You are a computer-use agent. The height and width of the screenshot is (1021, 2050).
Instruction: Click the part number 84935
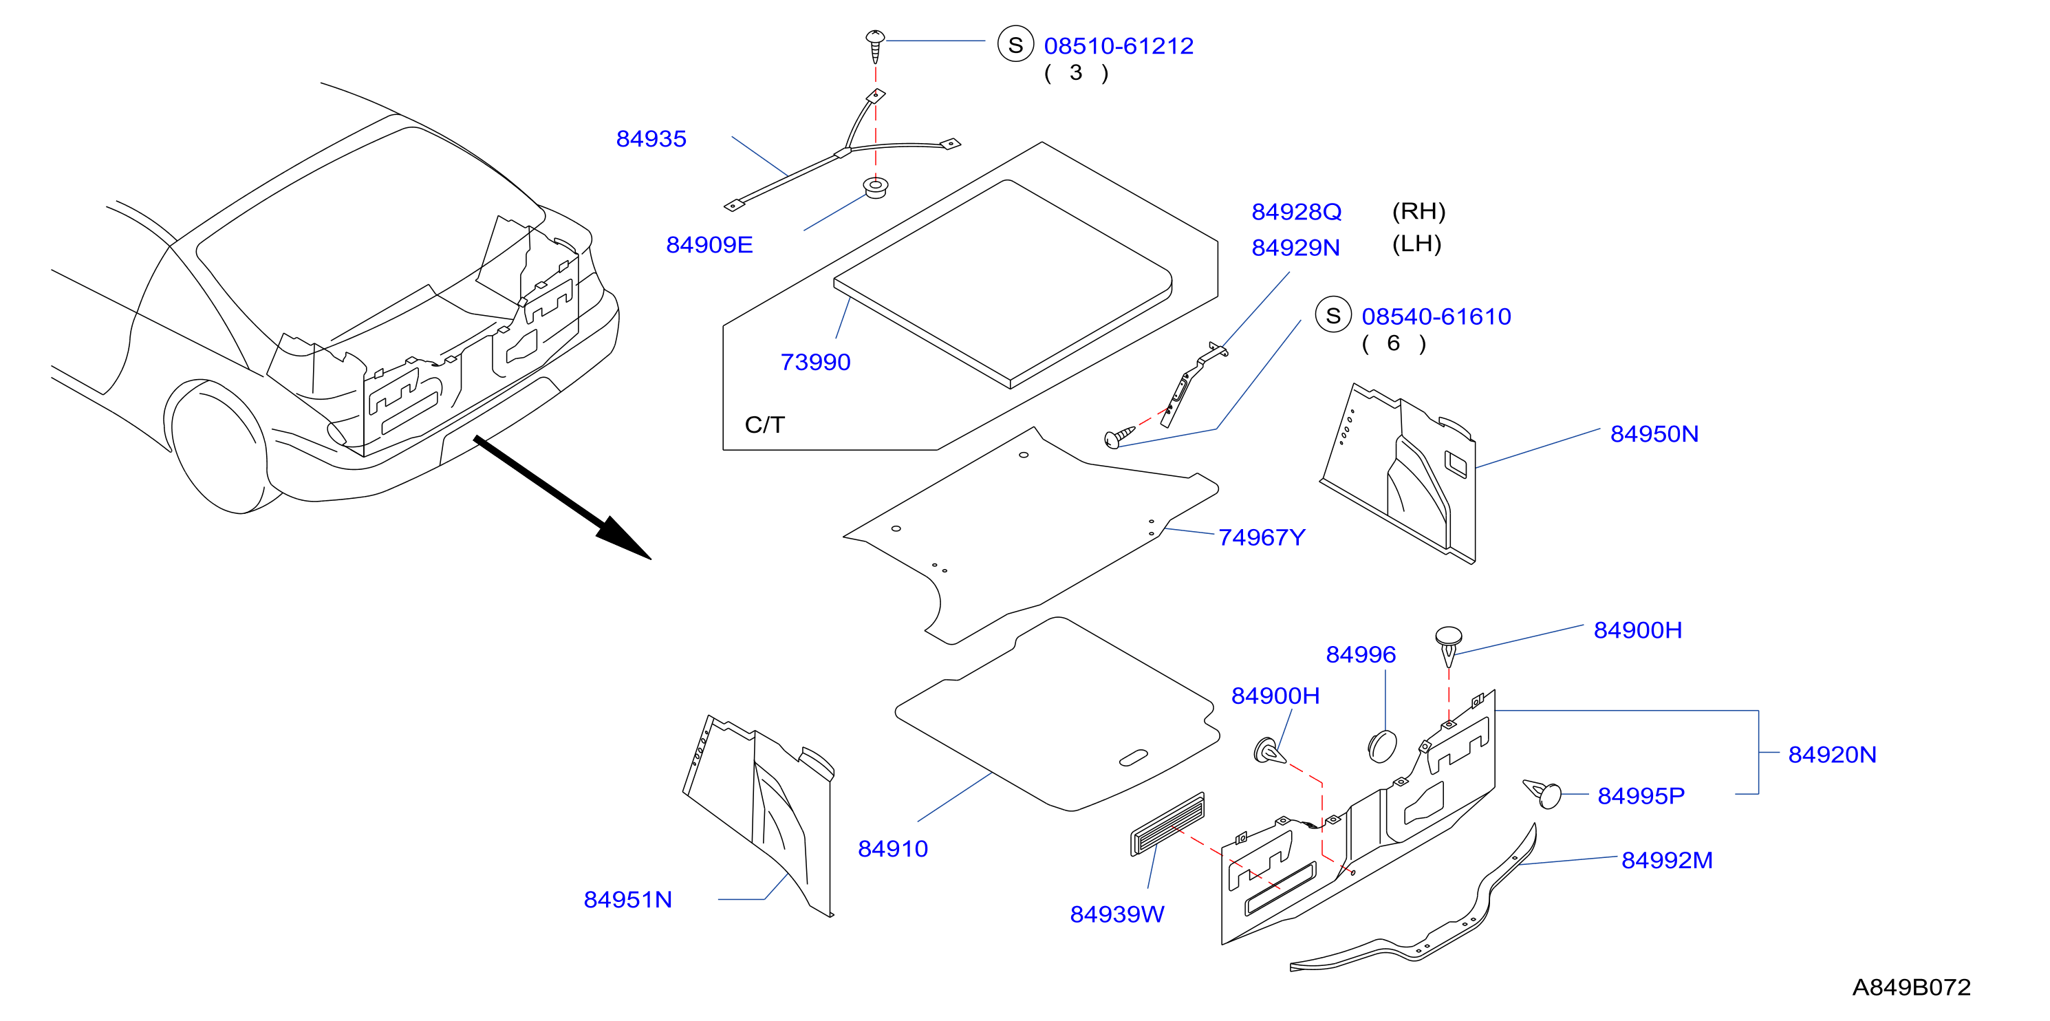(651, 139)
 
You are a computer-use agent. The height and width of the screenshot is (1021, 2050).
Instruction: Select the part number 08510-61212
(1118, 46)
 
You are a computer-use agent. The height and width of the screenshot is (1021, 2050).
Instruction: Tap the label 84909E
(709, 245)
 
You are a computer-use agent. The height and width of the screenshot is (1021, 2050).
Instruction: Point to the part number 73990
(815, 362)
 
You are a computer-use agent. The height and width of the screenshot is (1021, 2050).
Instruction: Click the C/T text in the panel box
(764, 425)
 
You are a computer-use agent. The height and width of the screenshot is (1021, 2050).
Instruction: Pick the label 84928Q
(1296, 212)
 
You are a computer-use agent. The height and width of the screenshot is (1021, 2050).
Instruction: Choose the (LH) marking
(1416, 244)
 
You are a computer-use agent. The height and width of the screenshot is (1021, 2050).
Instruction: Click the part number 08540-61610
(1436, 316)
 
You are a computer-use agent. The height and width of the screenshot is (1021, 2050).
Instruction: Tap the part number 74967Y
(1262, 538)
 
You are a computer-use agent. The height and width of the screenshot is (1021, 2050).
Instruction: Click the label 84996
(1360, 655)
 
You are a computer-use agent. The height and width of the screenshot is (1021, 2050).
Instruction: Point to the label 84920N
(1832, 755)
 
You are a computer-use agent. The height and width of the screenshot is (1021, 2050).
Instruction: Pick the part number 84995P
(1641, 797)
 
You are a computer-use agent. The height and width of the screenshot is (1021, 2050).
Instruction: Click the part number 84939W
(1116, 915)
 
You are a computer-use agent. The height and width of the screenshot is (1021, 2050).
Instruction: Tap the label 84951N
(627, 900)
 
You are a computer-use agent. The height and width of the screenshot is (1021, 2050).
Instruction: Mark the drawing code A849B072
(1911, 987)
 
